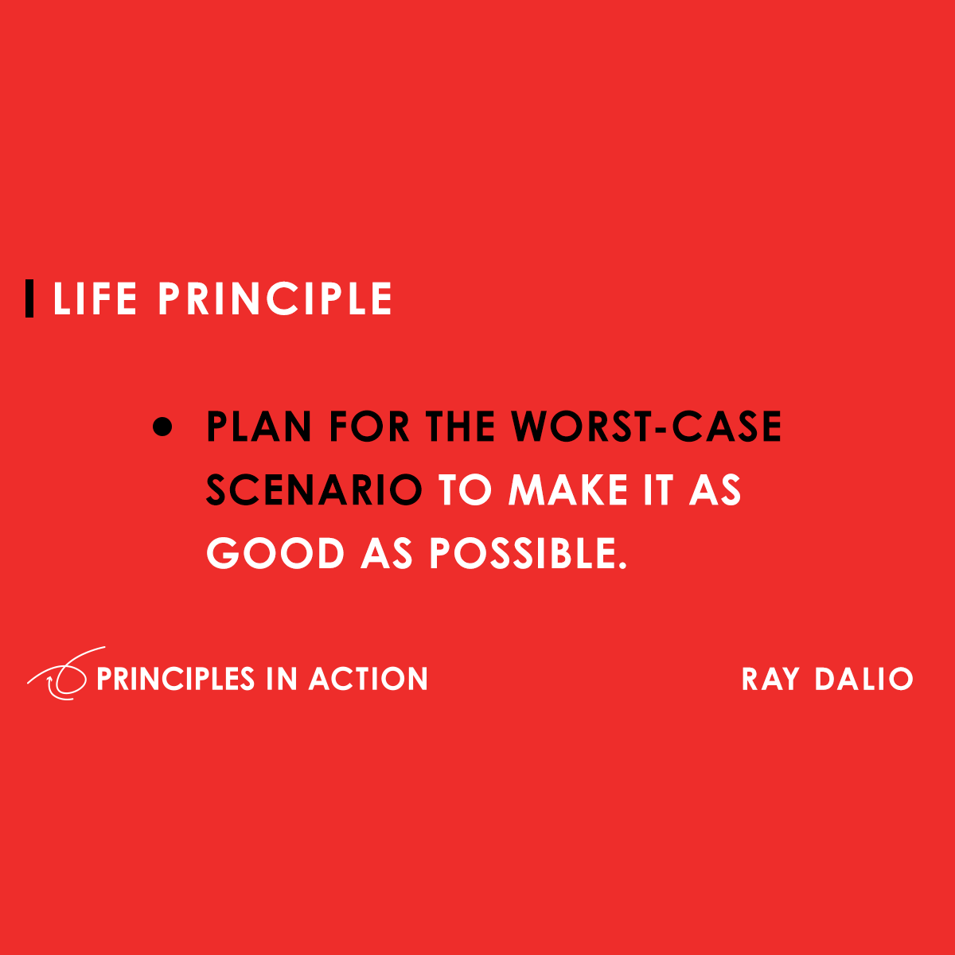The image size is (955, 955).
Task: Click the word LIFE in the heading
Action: coord(95,299)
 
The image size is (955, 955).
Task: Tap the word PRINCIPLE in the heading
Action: coord(275,299)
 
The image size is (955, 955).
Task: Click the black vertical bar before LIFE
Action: coord(29,298)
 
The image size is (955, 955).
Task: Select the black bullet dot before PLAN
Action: coord(162,427)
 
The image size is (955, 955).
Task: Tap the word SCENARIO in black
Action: coord(314,490)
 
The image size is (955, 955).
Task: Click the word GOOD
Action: coord(275,554)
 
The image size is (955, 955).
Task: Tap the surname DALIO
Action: coord(863,680)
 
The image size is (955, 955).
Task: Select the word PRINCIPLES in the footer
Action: coord(175,679)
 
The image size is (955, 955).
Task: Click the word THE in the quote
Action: coord(461,427)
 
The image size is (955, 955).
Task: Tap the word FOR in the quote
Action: coord(369,427)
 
